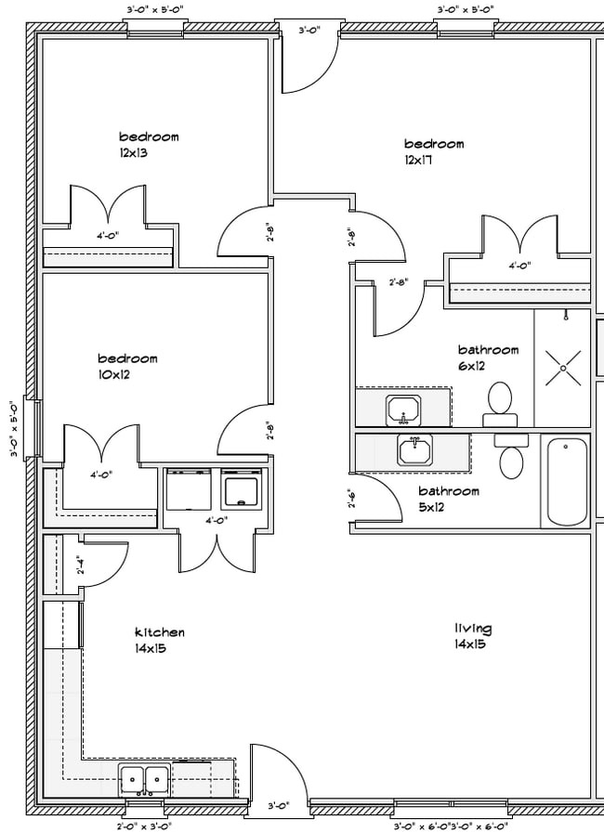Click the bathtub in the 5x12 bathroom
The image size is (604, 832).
566,481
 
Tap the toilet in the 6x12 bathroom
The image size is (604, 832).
500,404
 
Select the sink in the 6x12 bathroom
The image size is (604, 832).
403,409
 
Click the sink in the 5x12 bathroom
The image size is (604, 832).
415,449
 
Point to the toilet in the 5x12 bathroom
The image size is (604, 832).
511,456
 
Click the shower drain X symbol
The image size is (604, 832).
562,368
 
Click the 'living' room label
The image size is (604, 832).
473,629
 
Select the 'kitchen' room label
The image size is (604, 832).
160,632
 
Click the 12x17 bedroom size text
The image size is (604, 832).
418,160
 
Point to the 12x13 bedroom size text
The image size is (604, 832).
133,153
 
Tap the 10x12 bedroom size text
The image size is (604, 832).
113,374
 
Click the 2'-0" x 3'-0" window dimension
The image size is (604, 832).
144,825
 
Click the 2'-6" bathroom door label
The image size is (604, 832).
352,499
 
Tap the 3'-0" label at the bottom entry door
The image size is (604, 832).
278,806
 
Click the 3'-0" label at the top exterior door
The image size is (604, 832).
309,31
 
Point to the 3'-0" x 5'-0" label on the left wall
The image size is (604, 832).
14,429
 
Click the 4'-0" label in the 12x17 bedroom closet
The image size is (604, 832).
519,266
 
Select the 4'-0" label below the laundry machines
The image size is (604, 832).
217,521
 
